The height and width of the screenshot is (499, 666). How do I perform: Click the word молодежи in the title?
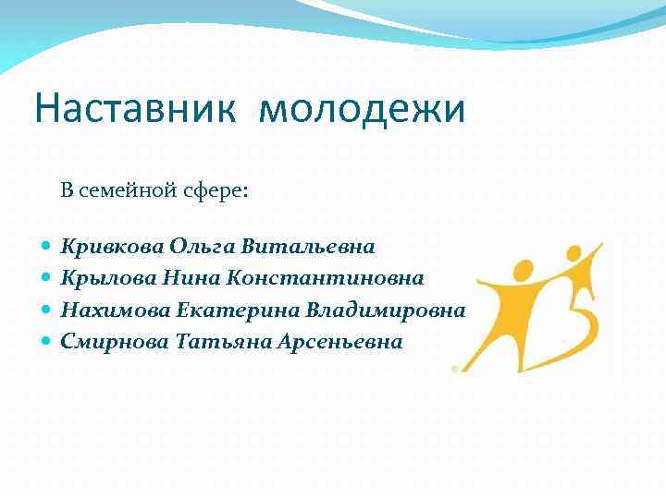coord(363,110)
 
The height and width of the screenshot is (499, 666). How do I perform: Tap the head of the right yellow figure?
coord(573,252)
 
